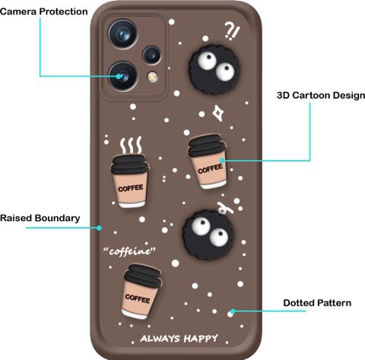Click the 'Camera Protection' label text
(x=43, y=11)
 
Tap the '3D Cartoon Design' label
(x=321, y=96)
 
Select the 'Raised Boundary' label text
(x=40, y=218)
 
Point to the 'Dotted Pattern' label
(x=317, y=303)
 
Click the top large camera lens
(x=123, y=33)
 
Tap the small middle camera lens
(x=152, y=55)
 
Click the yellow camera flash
(x=152, y=77)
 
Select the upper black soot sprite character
(x=214, y=69)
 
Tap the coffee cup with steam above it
(x=130, y=181)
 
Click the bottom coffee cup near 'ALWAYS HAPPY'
(x=141, y=292)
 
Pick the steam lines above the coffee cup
(x=131, y=146)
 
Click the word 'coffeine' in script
(x=129, y=251)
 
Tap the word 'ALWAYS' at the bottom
(x=160, y=339)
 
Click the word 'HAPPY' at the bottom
(x=201, y=339)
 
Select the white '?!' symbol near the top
(x=232, y=31)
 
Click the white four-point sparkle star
(x=218, y=113)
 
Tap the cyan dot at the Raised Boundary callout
(x=100, y=228)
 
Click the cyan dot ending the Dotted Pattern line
(x=233, y=311)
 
